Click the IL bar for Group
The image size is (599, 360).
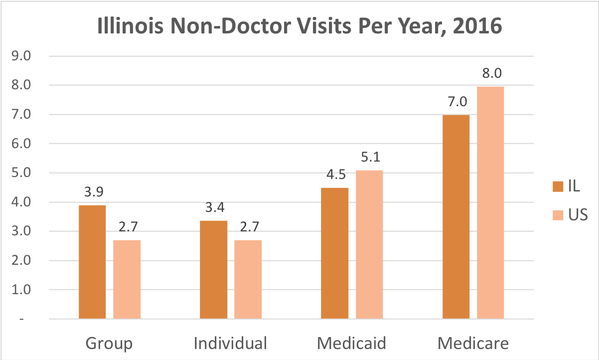pyautogui.click(x=92, y=262)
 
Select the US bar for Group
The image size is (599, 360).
pyautogui.click(x=127, y=279)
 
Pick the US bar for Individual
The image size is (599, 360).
pyautogui.click(x=248, y=279)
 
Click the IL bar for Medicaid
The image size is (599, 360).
pyautogui.click(x=334, y=253)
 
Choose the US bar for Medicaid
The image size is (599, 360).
pyautogui.click(x=369, y=244)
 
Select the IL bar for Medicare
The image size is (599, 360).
pyautogui.click(x=456, y=216)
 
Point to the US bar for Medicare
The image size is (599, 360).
pyautogui.click(x=490, y=202)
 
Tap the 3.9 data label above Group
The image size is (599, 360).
pyautogui.click(x=92, y=192)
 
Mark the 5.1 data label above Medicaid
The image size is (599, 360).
pyautogui.click(x=369, y=158)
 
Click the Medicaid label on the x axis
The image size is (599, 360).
pyautogui.click(x=352, y=344)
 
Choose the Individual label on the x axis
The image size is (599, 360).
pyautogui.click(x=230, y=344)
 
